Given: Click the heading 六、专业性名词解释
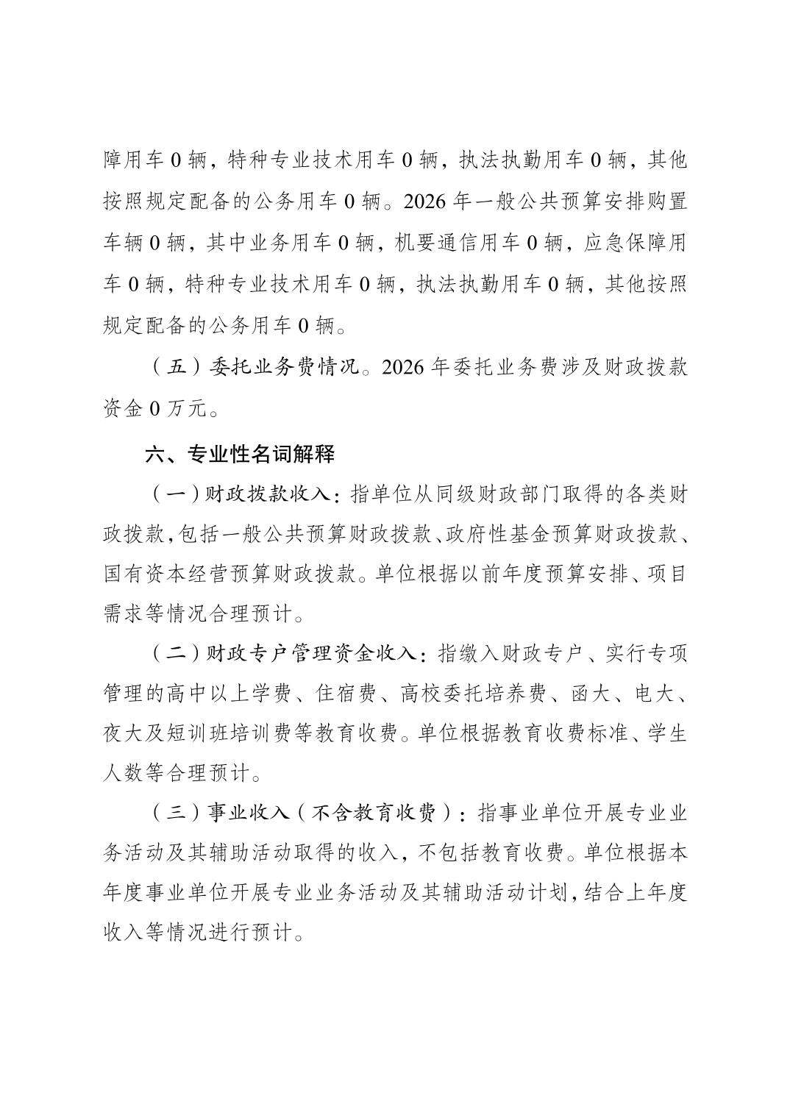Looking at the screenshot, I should [241, 455].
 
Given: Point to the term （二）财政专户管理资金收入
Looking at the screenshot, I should [285, 652].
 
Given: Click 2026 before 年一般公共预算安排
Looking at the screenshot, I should [425, 201].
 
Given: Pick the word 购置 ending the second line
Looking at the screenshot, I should [666, 201].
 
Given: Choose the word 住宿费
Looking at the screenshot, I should [345, 693].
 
